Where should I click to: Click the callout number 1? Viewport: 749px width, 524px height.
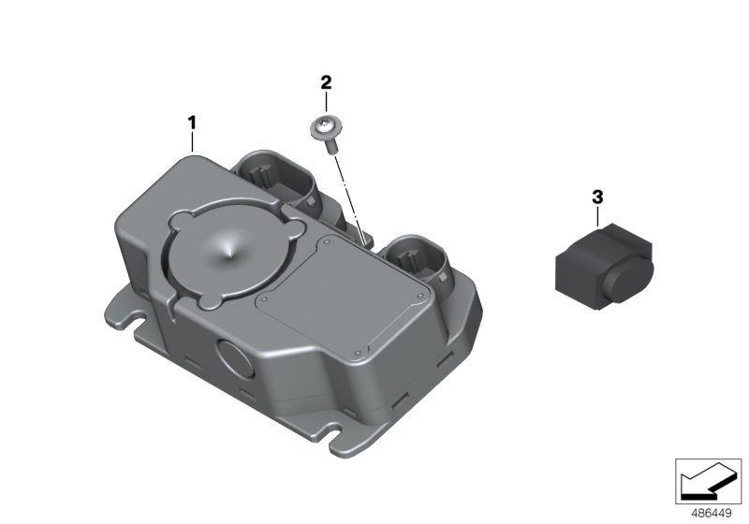pyautogui.click(x=192, y=124)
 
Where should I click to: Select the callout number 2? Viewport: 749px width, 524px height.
pyautogui.click(x=326, y=82)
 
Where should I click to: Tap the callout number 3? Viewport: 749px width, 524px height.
pyautogui.click(x=597, y=196)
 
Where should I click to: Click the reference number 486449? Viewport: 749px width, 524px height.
pyautogui.click(x=712, y=514)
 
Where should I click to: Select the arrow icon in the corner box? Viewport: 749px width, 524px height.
pyautogui.click(x=708, y=483)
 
